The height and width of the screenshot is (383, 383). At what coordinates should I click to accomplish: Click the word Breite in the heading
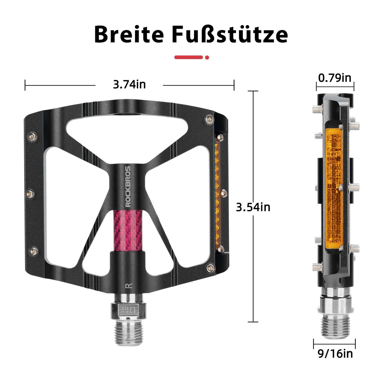[x=129, y=34]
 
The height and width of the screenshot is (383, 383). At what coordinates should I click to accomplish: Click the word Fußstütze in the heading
[x=230, y=34]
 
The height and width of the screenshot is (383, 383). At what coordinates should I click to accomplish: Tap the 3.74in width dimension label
[x=129, y=85]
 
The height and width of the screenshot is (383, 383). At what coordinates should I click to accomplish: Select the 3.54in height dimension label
[x=253, y=207]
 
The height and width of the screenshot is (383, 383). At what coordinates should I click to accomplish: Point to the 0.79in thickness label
[x=334, y=78]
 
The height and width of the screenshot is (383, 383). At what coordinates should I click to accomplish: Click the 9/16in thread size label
[x=335, y=354]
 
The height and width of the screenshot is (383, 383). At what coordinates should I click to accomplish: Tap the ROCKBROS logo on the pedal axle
[x=128, y=186]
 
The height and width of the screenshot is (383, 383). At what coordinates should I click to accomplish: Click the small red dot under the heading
[x=207, y=57]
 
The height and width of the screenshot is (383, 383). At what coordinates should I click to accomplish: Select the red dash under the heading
[x=188, y=57]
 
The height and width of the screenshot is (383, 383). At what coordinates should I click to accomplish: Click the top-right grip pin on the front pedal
[x=209, y=120]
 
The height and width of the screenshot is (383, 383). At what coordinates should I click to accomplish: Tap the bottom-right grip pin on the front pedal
[x=210, y=268]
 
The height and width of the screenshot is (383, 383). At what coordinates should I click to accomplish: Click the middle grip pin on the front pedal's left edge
[x=29, y=194]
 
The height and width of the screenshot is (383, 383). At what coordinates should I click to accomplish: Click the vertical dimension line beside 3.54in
[x=253, y=265]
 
